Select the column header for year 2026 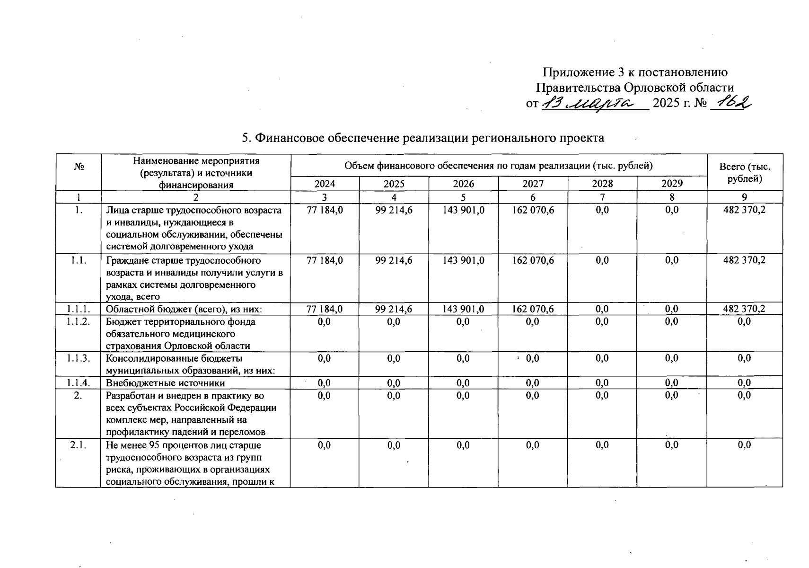[463, 184]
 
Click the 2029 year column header [672, 184]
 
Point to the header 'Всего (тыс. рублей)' [744, 172]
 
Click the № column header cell [79, 167]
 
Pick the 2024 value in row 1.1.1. [325, 309]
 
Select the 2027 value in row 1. [533, 210]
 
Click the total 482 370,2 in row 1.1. [744, 260]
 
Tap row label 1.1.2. [79, 322]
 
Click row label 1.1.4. [79, 383]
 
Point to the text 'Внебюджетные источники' [165, 383]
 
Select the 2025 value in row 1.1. [394, 260]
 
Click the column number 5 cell [463, 197]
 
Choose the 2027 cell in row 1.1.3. [533, 359]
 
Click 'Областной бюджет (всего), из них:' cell [184, 309]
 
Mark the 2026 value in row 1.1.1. [463, 309]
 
